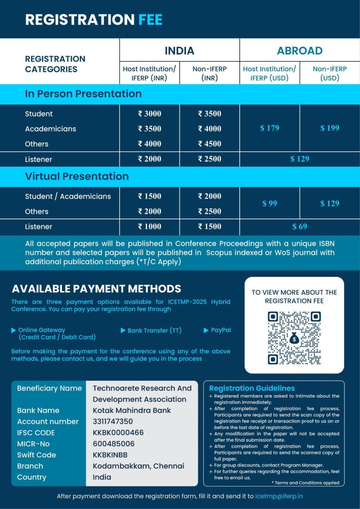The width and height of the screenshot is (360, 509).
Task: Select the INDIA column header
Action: [x=179, y=51]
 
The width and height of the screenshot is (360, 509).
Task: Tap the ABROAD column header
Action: [x=299, y=51]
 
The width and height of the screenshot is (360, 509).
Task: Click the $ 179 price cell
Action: [x=269, y=128]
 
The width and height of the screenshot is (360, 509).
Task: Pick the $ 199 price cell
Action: [x=330, y=128]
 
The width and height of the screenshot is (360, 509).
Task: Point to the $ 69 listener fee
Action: [x=300, y=227]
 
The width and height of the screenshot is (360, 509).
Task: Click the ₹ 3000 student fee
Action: [x=150, y=114]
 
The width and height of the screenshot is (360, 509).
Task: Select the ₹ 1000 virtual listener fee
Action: [x=150, y=227]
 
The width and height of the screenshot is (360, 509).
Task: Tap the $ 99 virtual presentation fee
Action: [x=269, y=204]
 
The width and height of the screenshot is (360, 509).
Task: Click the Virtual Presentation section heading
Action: [x=77, y=176]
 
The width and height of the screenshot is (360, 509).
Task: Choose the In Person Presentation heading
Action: [x=83, y=94]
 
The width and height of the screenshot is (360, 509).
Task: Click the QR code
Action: [x=294, y=338]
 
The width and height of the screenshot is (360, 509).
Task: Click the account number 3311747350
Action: [x=113, y=421]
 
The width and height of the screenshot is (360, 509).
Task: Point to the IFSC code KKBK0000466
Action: [x=118, y=432]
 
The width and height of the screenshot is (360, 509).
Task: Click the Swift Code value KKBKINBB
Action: [x=110, y=455]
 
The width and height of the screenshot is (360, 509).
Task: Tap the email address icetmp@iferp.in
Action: [x=279, y=496]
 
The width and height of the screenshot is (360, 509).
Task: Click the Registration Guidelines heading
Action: [x=252, y=388]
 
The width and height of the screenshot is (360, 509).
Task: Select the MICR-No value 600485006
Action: [x=113, y=444]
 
